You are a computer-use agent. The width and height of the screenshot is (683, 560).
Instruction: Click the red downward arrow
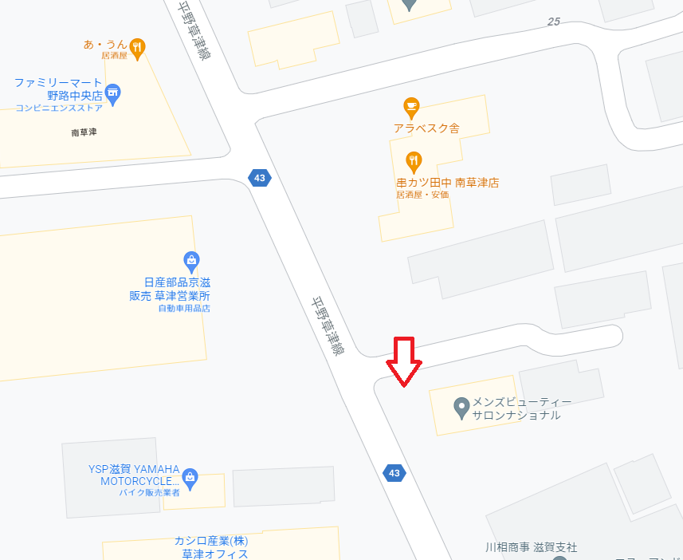coord(404,361)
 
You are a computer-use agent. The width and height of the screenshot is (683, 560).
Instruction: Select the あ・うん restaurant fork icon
coord(138,46)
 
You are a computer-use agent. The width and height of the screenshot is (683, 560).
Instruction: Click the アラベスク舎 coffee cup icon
coord(411,106)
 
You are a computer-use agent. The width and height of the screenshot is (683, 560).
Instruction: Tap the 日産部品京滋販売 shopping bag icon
coord(191,259)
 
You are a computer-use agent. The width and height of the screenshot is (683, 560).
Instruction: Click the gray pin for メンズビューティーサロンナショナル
coord(461,408)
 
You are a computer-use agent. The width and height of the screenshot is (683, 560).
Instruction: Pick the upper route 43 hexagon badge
coord(257,176)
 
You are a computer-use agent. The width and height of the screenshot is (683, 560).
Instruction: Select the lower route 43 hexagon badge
coord(394,473)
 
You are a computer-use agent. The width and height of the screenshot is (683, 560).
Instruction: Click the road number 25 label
coord(554,22)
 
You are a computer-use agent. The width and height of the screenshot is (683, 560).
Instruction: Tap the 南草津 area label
coord(84,132)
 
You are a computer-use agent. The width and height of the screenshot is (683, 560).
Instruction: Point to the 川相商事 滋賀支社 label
coord(531,547)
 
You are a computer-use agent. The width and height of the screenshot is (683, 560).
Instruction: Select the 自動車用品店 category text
coord(184,309)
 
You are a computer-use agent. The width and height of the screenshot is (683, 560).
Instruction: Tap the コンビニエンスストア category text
coord(59,108)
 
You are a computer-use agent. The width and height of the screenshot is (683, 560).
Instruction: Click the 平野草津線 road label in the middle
coord(327,326)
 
